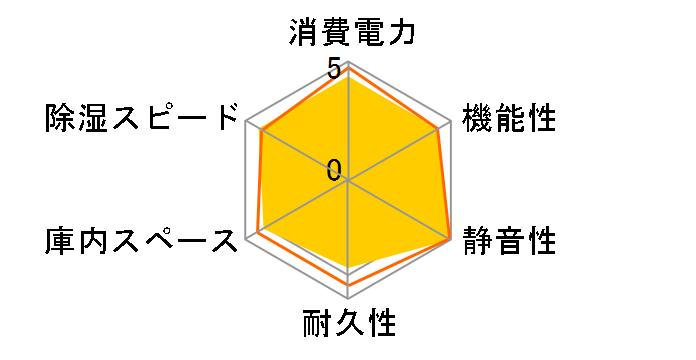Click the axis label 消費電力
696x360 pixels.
(347, 34)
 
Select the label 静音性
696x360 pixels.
(509, 241)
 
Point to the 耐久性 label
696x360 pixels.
(348, 325)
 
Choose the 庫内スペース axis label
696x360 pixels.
(140, 241)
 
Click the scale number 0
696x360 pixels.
(333, 169)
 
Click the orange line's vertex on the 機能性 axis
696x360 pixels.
(438, 129)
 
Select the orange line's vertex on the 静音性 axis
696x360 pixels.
(449, 240)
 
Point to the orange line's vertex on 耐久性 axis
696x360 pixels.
(348, 286)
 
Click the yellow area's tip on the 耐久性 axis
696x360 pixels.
(348, 269)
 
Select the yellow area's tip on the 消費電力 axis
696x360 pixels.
(348, 78)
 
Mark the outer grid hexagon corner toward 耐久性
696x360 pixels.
(348, 299)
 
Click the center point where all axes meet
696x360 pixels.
(348, 181)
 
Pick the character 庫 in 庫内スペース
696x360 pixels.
(58, 241)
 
